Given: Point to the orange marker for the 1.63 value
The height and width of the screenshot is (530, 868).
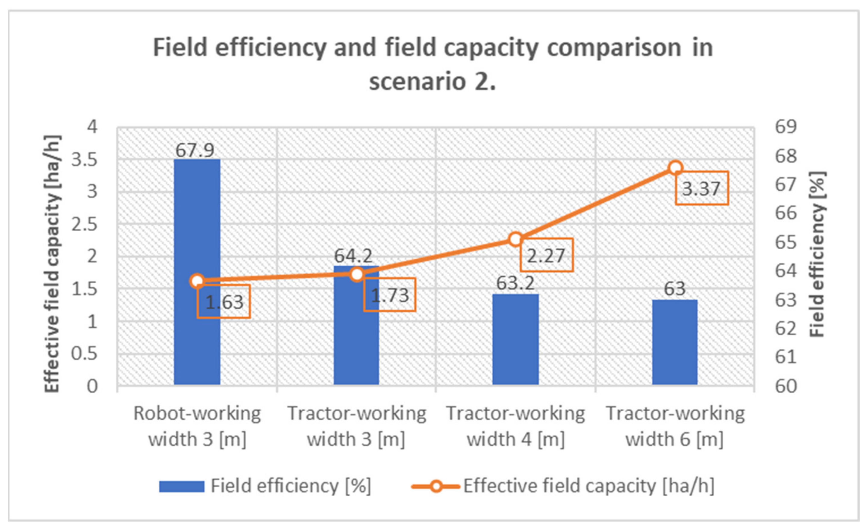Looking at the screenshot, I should pos(197,281).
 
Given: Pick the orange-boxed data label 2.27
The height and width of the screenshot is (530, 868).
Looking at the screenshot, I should pos(546,255).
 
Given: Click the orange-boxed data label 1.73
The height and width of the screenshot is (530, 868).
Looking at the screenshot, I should pos(390,295).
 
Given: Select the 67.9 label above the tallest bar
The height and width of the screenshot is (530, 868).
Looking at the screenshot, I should pos(195,150).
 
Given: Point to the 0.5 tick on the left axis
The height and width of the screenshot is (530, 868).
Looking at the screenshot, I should pos(84,353).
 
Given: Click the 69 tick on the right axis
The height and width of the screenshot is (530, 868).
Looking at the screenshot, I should pos(785,127).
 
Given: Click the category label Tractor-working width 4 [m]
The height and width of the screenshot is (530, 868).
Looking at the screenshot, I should pos(515,426).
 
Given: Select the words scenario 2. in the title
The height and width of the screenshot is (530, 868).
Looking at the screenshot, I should pos(432,81).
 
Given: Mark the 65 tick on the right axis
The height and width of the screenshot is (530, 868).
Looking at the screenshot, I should pos(785,242).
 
